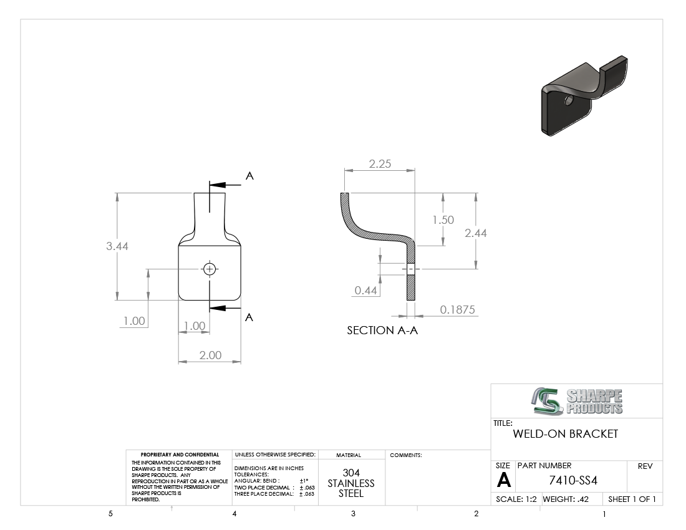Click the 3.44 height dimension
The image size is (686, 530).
point(117,246)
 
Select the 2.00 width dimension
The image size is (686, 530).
point(210,355)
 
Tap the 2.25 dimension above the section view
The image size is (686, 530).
point(380,164)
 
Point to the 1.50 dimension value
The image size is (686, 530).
point(443,220)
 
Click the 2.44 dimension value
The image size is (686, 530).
point(476,233)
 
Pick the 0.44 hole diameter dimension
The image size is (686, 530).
point(365,291)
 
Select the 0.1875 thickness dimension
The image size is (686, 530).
point(457,310)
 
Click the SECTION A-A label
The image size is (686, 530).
point(382,330)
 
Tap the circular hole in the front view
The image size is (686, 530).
point(210,269)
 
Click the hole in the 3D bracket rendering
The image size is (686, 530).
point(569,100)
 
